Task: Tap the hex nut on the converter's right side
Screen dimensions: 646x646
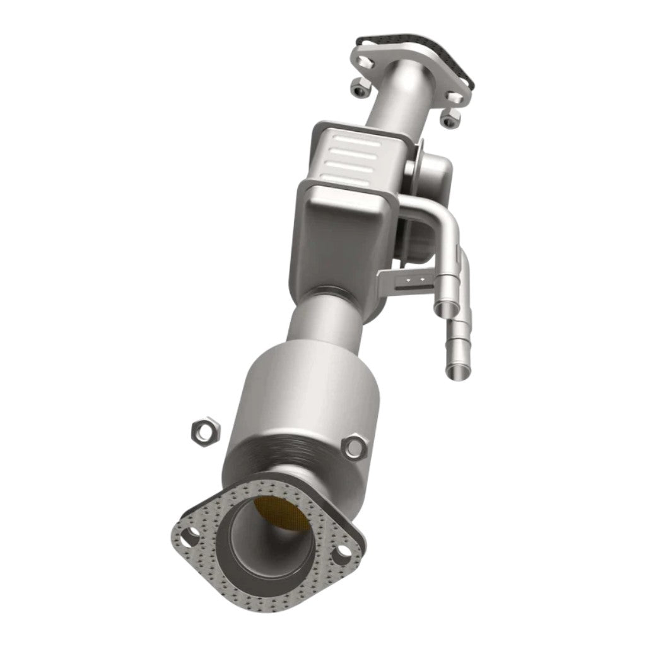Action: (354, 448)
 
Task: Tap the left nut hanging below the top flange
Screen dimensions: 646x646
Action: (361, 91)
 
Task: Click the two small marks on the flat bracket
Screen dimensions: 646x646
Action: (413, 278)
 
